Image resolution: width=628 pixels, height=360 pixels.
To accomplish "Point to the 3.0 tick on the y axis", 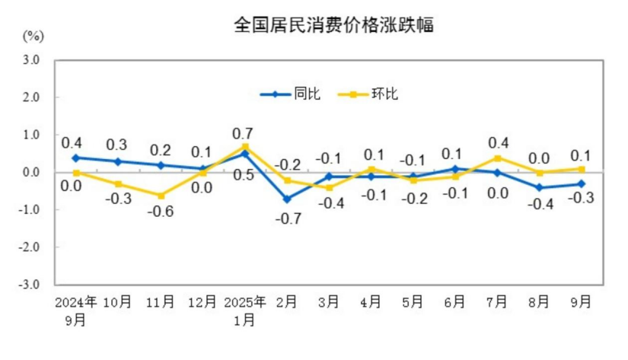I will (x=30, y=60).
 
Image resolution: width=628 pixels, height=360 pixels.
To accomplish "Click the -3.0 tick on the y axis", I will (x=29, y=285).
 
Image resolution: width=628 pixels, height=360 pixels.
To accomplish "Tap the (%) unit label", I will (x=34, y=36).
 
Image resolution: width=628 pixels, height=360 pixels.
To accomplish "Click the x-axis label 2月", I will (x=287, y=302).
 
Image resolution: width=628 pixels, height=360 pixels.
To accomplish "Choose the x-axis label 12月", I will (x=202, y=302).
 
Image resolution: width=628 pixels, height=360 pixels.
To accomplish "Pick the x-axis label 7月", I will (x=496, y=302).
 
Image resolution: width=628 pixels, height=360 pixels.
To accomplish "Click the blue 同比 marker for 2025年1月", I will (x=245, y=154).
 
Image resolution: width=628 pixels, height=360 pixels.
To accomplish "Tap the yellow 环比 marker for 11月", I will (x=161, y=196).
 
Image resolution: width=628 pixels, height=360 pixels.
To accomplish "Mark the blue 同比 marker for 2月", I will (x=287, y=199).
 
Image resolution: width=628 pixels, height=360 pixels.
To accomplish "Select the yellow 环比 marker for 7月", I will (x=496, y=158).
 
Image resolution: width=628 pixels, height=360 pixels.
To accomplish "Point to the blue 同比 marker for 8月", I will (x=539, y=187).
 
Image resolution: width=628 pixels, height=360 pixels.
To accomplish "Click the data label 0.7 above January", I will (x=245, y=133).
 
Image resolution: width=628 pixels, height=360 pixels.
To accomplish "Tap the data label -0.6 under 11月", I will (x=161, y=212).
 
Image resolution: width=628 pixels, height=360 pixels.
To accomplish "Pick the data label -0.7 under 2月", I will (x=287, y=218).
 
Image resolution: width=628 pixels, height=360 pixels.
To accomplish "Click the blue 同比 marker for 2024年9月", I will (x=76, y=158).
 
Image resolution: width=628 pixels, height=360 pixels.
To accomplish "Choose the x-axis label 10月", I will (x=118, y=302).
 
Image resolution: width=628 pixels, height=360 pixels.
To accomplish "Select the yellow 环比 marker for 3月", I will (x=329, y=188).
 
